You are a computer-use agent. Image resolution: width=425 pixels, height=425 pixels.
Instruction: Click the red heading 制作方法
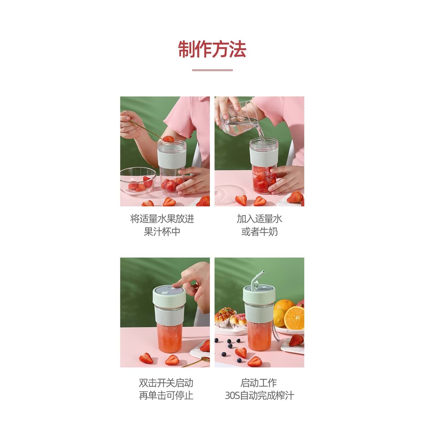[x=212, y=49]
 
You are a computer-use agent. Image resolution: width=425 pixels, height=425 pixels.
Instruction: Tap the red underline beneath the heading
[x=212, y=70]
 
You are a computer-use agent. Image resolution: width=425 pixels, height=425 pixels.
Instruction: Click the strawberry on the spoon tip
[x=168, y=139]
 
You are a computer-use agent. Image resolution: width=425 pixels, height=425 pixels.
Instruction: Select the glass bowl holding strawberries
[x=138, y=181]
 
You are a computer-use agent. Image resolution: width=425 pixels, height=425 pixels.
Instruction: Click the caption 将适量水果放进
[x=162, y=219]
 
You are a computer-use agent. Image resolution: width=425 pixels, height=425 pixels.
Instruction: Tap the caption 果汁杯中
[x=162, y=231]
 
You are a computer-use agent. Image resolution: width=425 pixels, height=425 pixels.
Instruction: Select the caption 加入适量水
[x=259, y=219]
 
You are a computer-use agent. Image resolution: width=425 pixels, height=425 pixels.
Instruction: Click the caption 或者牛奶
[x=259, y=231]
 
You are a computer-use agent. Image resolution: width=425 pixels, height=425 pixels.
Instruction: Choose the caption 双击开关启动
[x=166, y=383]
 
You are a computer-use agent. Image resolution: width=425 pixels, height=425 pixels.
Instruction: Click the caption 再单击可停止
[x=166, y=395]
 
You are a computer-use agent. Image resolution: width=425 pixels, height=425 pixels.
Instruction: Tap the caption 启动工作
[x=259, y=383]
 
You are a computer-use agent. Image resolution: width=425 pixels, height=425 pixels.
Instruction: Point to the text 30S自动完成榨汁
[x=259, y=395]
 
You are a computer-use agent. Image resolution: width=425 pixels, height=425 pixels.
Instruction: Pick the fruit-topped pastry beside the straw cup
[x=225, y=317]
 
